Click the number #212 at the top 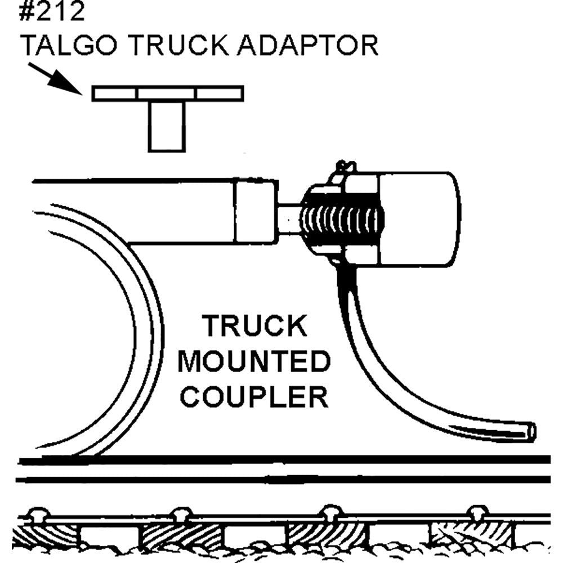52,12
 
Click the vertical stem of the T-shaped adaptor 167,126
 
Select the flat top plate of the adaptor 168,93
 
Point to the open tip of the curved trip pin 531,431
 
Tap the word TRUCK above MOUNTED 254,327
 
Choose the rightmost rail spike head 477,512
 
